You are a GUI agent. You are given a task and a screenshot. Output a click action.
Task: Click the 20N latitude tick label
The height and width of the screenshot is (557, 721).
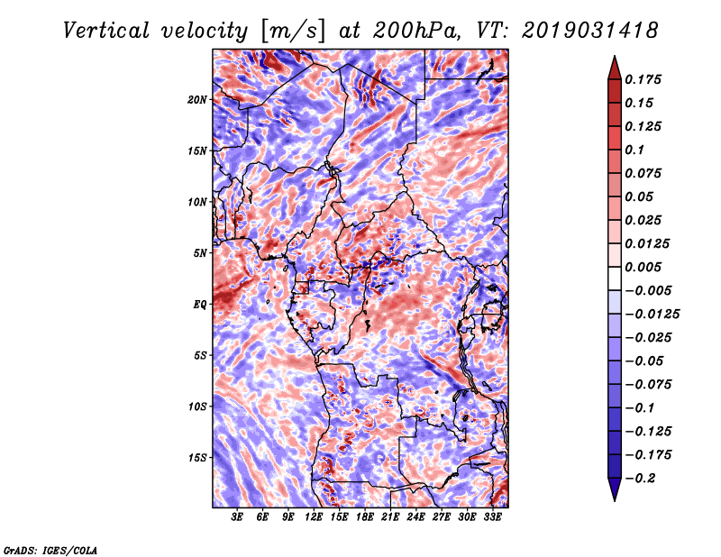pos(197,100)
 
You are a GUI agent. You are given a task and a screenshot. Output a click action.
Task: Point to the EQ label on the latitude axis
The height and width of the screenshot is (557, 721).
pos(200,305)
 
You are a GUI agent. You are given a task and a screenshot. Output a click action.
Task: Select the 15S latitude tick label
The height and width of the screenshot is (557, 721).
pos(197,458)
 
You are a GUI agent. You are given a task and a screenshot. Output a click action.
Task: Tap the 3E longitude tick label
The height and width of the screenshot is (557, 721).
pos(237,517)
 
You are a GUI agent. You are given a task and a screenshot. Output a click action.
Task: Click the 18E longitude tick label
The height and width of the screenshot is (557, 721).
pos(365,517)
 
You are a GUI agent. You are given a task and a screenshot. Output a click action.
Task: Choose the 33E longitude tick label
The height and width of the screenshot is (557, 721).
pos(492,517)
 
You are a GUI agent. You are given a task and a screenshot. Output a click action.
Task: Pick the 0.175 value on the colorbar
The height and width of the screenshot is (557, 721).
pos(643,79)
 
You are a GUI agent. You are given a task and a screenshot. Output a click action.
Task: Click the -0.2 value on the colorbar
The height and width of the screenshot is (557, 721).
pos(640,479)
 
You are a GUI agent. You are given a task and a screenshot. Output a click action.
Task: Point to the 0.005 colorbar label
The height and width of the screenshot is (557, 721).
pos(643,267)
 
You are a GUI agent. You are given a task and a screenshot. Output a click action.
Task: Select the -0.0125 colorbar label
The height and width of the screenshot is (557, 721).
pos(652,315)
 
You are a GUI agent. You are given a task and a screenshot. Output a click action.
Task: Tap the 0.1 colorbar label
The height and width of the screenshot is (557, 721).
pos(634,150)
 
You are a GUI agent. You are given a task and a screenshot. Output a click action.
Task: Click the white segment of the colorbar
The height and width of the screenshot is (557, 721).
pos(615,278)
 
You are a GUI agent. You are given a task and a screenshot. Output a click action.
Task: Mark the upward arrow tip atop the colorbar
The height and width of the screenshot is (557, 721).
pos(615,56)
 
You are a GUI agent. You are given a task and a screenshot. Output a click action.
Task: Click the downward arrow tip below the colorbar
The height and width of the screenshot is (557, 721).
pos(615,500)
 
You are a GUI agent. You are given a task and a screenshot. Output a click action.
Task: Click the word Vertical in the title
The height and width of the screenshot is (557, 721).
pos(106,31)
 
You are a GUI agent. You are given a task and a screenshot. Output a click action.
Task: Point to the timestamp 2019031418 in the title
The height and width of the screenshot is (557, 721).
pos(590,31)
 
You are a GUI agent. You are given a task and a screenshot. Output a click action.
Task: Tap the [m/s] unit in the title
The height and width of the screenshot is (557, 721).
pos(294,32)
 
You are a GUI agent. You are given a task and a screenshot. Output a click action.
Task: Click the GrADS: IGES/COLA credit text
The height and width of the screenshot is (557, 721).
pos(50,550)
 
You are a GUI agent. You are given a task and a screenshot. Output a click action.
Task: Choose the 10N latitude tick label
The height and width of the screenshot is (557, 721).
pos(197,203)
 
